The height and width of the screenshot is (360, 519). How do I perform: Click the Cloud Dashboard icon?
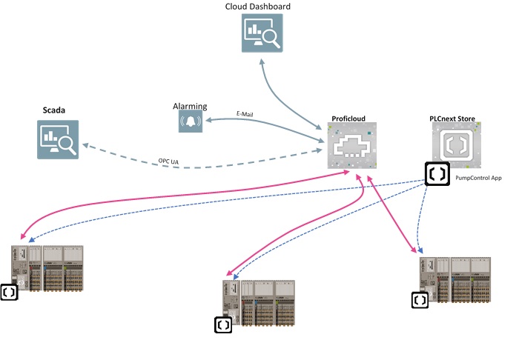coord(262,34)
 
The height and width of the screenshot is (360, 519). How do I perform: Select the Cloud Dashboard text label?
coord(258,7)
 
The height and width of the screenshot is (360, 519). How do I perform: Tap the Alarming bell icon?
coord(190,122)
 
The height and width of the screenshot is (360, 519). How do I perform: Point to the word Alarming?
coord(189,106)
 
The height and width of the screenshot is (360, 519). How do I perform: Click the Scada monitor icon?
coord(59,140)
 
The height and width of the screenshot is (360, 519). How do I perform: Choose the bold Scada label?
coord(53,110)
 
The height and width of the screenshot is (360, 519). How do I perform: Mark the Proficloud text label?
coord(348,118)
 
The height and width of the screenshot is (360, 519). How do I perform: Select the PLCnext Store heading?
coord(452,118)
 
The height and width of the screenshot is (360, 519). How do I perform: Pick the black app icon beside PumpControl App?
coord(437,174)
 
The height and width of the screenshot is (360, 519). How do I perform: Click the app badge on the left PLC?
coord(10,291)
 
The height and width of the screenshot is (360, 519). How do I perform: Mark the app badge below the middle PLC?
coord(222,324)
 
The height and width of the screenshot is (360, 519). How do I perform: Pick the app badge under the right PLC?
coord(420,300)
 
